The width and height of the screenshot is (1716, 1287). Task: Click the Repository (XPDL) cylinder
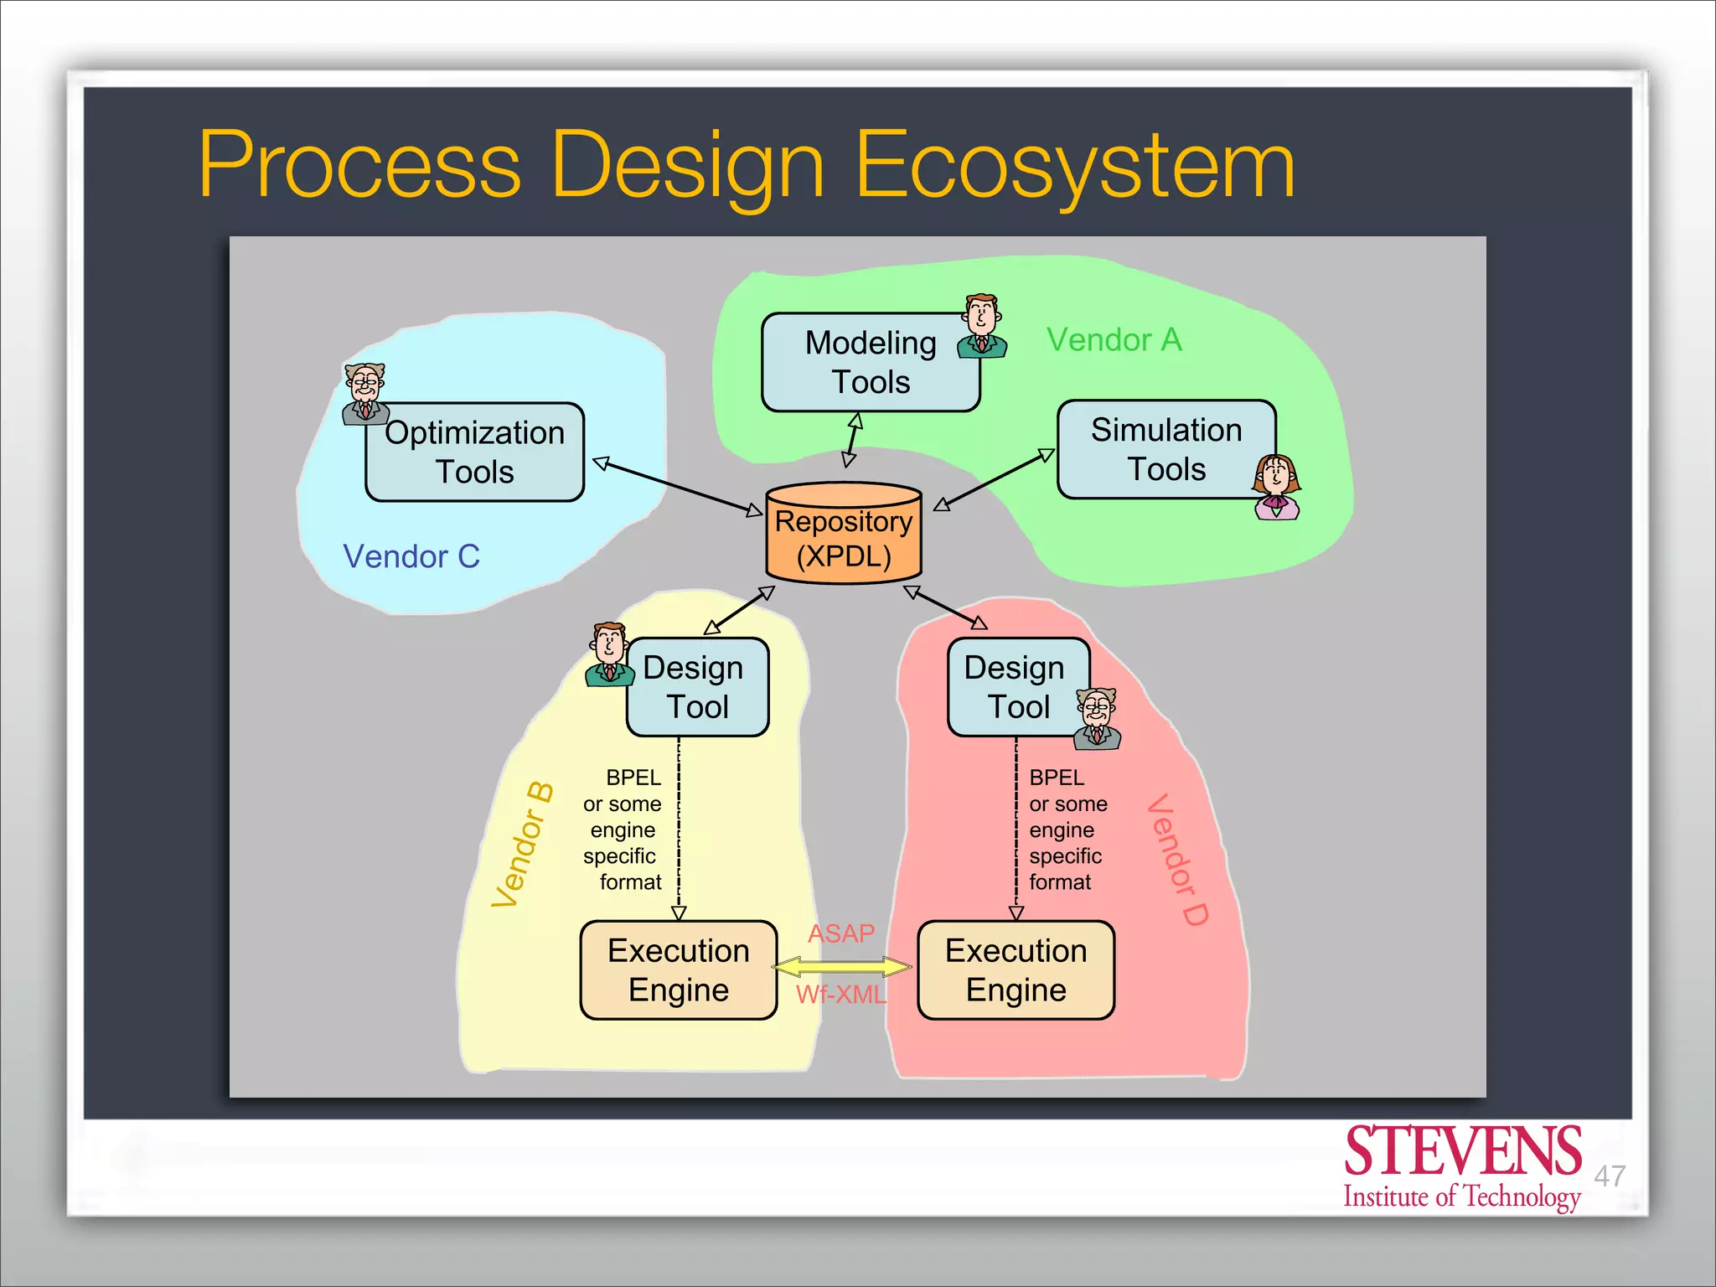[844, 536]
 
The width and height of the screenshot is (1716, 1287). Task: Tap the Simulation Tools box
[1165, 450]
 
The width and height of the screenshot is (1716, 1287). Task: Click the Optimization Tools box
[475, 452]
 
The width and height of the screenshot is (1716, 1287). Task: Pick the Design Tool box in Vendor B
[697, 687]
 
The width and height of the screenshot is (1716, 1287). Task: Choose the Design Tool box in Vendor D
[1016, 687]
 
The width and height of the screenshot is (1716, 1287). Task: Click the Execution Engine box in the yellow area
[679, 970]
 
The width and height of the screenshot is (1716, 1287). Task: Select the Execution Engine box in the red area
[1016, 970]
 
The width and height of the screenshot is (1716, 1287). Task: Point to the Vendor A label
[1114, 340]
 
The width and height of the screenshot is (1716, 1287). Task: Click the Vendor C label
[411, 556]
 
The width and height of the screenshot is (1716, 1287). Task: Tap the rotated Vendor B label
[522, 845]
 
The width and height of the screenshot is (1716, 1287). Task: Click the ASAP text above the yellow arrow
[840, 933]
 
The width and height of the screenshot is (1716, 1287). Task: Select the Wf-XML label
[840, 995]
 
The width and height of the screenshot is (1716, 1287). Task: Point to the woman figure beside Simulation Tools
[1276, 487]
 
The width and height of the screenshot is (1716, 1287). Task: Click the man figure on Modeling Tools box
[981, 326]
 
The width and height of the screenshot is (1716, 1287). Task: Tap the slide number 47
[1609, 1176]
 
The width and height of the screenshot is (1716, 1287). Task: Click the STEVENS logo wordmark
[1462, 1153]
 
